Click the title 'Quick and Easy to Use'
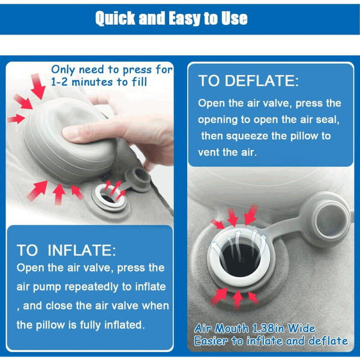tap(171, 18)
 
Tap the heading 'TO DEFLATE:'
tap(248, 81)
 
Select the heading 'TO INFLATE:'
tap(67, 250)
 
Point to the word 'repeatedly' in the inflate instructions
tap(92, 287)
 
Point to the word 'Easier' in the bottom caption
tap(211, 341)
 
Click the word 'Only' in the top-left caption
tap(63, 70)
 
